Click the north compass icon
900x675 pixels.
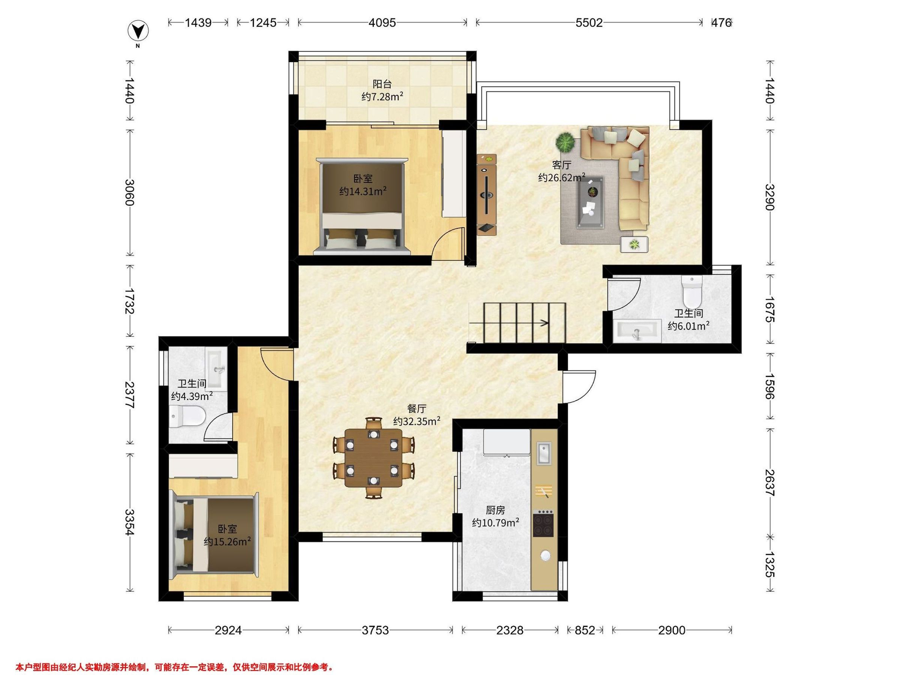[x=138, y=31]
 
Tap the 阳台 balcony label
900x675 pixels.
[x=382, y=84]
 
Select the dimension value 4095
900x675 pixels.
[x=382, y=23]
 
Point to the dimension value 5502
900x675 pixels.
[x=589, y=23]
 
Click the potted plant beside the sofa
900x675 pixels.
[x=565, y=142]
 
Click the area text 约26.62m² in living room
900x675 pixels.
[x=561, y=178]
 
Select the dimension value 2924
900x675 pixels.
[x=228, y=630]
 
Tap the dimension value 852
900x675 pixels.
[x=585, y=630]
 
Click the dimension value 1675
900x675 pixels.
[x=769, y=309]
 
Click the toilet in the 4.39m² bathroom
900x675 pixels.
[x=187, y=416]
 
